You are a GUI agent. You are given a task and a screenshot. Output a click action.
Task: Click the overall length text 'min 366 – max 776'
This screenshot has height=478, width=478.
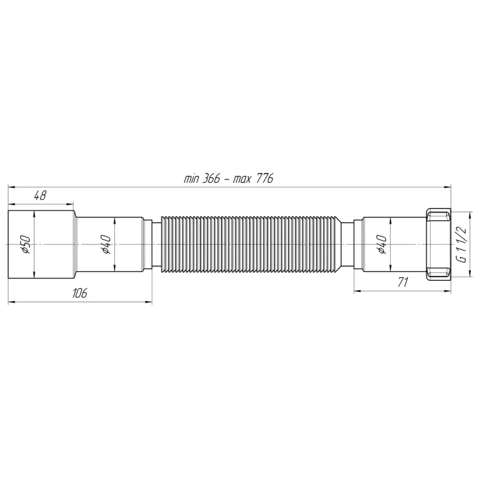coord(229,179)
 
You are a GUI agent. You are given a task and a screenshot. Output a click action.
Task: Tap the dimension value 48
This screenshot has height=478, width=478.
coord(41,195)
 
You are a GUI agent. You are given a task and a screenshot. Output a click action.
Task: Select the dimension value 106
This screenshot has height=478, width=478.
coord(80,293)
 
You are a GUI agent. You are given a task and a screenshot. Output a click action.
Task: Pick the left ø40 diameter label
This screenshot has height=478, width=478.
coord(106,244)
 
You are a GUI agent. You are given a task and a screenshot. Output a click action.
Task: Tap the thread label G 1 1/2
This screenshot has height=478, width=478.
coord(461,244)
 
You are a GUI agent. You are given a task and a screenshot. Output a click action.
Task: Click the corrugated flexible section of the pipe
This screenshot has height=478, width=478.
coord(251,244)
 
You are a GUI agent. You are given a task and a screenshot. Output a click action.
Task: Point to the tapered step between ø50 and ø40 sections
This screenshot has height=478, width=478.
coord(75,244)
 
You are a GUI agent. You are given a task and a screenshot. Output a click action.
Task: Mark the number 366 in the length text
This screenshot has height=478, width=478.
coord(210,179)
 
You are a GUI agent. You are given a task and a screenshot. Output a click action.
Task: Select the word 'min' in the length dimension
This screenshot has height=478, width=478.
coord(191,179)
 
